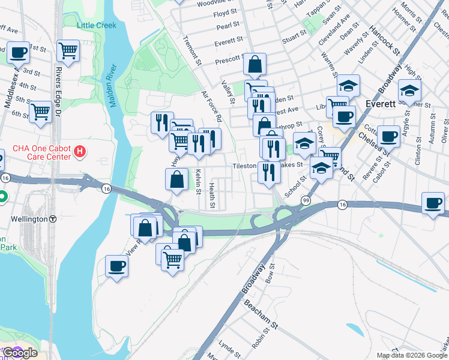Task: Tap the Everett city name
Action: coord(379,104)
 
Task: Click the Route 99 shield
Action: coord(306,199)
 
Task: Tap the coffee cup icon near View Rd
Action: coord(116,266)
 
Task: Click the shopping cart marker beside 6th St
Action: coord(40,112)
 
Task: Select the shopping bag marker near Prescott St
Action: coord(255,64)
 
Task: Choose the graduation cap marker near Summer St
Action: coord(409,91)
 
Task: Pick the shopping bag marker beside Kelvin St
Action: coord(176,179)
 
